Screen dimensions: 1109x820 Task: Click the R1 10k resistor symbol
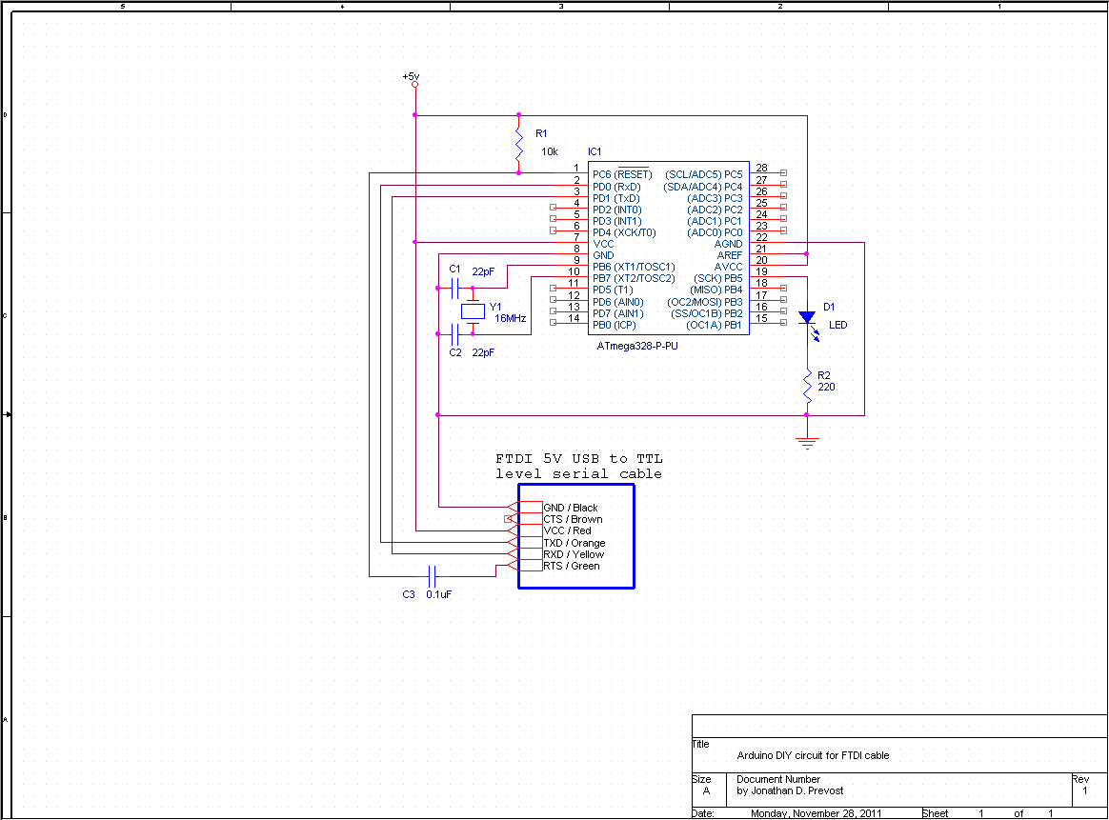[519, 144]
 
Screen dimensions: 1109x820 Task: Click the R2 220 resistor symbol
[807, 387]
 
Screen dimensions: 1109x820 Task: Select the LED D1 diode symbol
[808, 319]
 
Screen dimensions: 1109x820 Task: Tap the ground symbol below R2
[807, 443]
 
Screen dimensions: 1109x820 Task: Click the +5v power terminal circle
[415, 85]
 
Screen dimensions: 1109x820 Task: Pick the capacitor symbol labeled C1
[455, 288]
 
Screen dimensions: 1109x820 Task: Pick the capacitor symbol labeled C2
[455, 334]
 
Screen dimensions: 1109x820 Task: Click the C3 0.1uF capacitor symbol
[433, 576]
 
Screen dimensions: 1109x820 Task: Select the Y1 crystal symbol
[473, 311]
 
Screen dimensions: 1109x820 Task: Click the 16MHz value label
[510, 319]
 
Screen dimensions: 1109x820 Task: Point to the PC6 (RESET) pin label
[622, 174]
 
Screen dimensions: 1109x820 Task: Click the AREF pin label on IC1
[730, 255]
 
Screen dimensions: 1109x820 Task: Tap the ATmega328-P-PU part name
[637, 346]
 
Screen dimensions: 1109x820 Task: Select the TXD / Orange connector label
[575, 543]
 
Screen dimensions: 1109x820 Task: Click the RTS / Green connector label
[572, 566]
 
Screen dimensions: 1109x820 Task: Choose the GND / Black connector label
[571, 508]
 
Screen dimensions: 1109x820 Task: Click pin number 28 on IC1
[762, 168]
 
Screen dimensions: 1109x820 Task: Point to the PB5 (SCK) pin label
[717, 278]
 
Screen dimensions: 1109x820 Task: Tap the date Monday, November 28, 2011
[817, 813]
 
